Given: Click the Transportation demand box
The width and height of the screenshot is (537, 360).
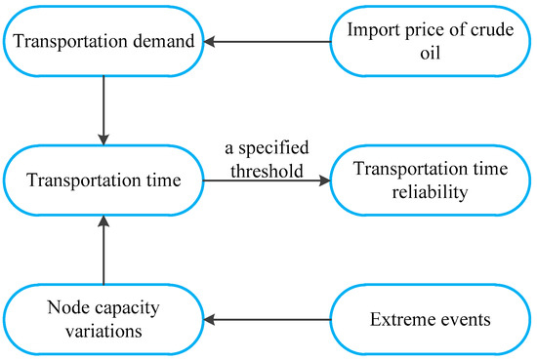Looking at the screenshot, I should (x=102, y=42).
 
